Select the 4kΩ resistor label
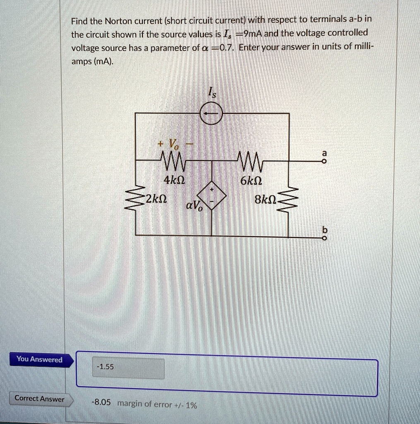pos(172,181)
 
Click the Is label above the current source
pos(211,94)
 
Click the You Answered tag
pos(40,359)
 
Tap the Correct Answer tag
pos(40,398)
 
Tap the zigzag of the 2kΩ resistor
pos(136,198)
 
